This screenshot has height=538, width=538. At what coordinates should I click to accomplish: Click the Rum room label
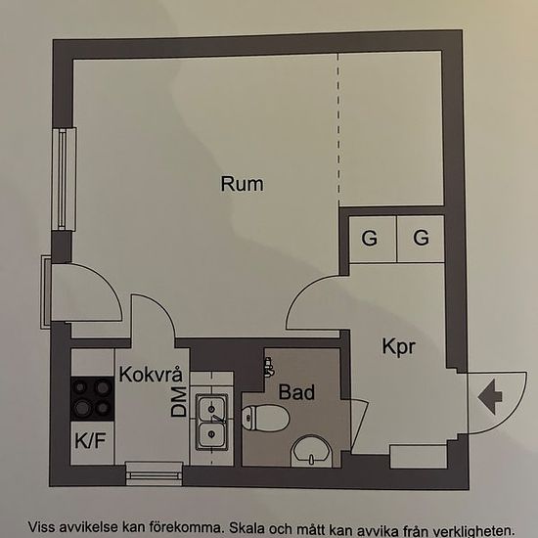click(242, 184)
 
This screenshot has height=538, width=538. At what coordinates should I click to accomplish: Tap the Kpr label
click(399, 347)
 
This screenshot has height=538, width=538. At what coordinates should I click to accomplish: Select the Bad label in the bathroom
click(296, 392)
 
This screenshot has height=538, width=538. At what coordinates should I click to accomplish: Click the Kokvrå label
click(151, 374)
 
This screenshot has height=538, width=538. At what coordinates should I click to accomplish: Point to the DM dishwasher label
click(179, 401)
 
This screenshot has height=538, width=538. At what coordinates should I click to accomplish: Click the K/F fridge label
click(90, 440)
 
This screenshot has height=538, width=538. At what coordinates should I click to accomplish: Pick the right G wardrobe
click(421, 239)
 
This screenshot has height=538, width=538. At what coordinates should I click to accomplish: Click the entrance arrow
click(490, 396)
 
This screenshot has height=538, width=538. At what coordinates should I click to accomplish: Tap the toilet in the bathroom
click(265, 419)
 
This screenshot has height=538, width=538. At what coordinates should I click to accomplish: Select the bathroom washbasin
click(311, 452)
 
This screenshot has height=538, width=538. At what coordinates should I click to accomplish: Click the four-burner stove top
click(92, 399)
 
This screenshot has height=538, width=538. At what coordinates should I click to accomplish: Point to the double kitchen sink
click(211, 422)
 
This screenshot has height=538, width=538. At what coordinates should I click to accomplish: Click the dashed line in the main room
click(338, 130)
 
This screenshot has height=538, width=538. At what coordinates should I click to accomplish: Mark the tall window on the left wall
click(64, 179)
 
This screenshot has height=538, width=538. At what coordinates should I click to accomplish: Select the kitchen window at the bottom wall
click(154, 473)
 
